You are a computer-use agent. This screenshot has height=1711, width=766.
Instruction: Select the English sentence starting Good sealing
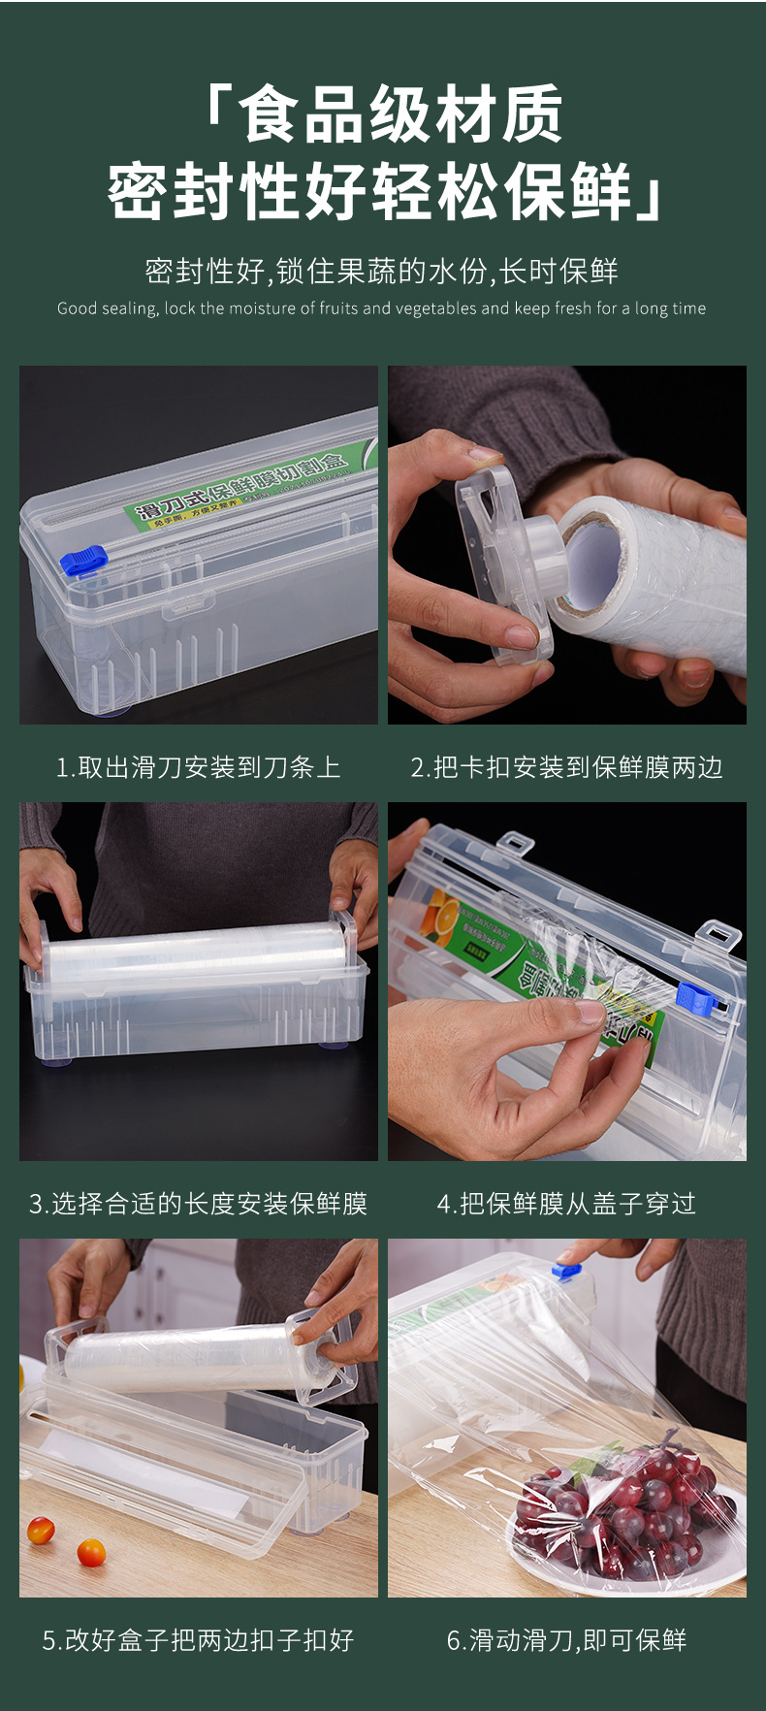[x=381, y=308]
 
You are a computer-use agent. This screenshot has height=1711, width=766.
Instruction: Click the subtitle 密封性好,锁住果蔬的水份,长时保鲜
[x=381, y=271]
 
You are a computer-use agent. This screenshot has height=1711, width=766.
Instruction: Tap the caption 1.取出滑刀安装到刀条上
[x=198, y=767]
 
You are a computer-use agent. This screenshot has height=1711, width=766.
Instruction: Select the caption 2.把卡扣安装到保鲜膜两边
[x=566, y=767]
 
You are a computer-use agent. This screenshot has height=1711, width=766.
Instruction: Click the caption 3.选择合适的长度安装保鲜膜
[x=198, y=1204]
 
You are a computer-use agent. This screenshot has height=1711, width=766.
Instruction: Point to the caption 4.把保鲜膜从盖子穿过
[x=566, y=1204]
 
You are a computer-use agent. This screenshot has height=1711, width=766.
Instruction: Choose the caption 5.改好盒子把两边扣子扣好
[x=198, y=1640]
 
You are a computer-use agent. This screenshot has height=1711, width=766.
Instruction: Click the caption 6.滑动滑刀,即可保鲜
[x=566, y=1640]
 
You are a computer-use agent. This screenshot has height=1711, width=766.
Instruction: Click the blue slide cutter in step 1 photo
[x=83, y=561]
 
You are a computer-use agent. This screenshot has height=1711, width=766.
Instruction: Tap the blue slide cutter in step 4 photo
[x=695, y=998]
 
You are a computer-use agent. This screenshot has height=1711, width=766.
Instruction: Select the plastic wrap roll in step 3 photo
[x=194, y=950]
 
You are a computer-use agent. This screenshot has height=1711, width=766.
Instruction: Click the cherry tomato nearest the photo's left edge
[x=41, y=1530]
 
